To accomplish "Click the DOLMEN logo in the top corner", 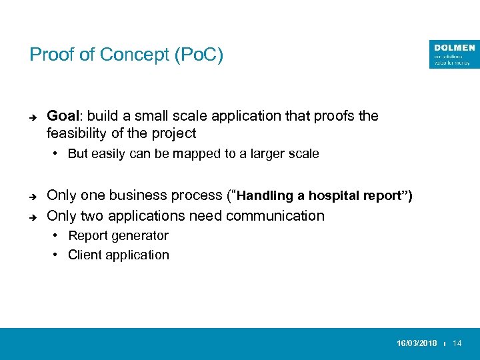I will (455, 54).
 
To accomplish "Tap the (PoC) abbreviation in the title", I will (198, 55).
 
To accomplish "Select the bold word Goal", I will (62, 116).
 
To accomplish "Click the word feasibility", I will (79, 133).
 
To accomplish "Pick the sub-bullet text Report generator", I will (118, 235).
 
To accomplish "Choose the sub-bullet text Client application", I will (118, 255).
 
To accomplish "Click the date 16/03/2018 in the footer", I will (417, 343).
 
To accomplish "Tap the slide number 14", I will (457, 343).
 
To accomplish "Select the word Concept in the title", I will (138, 55).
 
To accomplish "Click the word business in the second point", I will (137, 196).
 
